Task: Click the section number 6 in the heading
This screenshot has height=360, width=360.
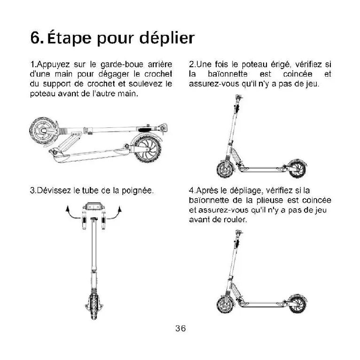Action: [x=36, y=38]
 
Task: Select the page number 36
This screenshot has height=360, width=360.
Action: [x=180, y=329]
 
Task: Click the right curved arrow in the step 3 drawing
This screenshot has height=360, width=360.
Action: [x=118, y=212]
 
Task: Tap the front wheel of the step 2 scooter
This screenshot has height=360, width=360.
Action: [x=225, y=169]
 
